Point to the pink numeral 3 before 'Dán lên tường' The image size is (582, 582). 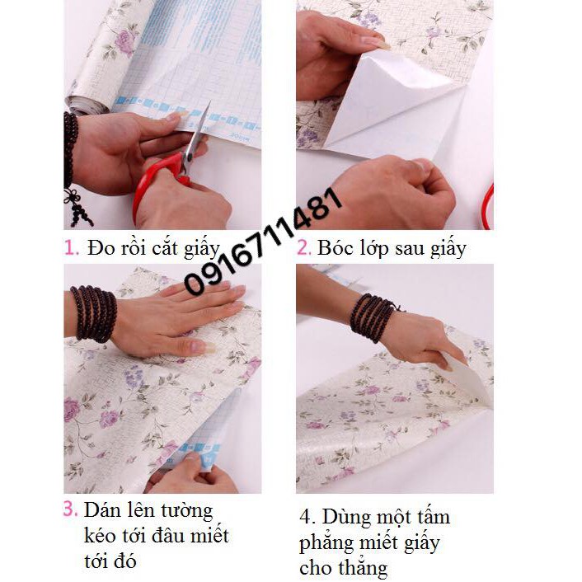(71, 509)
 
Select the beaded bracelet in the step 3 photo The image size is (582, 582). (92, 313)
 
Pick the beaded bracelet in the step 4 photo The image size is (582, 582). (374, 317)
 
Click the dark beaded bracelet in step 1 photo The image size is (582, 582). (72, 157)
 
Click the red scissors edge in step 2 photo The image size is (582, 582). (488, 206)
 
